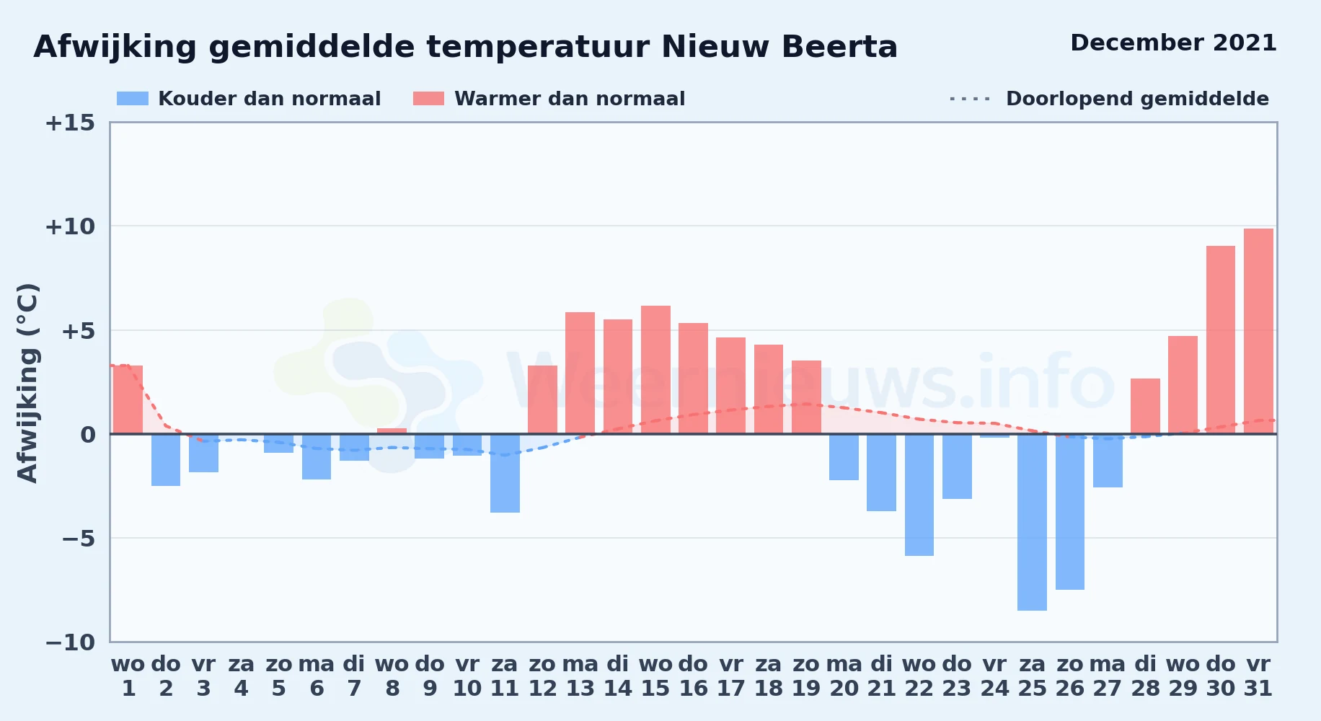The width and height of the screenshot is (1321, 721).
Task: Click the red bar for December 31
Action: click(1258, 332)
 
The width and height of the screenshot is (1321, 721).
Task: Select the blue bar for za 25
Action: click(1032, 522)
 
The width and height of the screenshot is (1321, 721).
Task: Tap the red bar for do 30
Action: click(1221, 340)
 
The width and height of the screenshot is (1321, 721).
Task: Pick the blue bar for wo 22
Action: click(919, 495)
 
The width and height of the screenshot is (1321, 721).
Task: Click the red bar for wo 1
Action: click(128, 399)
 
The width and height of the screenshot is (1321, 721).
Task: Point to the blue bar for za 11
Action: click(505, 473)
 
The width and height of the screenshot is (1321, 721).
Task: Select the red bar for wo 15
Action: click(655, 370)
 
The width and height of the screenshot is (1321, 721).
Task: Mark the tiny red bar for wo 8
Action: click(392, 431)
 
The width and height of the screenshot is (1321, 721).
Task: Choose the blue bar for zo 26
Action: click(1070, 512)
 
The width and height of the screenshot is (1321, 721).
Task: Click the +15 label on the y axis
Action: click(70, 123)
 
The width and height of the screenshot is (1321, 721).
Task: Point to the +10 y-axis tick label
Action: click(70, 226)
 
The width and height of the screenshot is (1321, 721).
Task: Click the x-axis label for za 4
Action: click(241, 676)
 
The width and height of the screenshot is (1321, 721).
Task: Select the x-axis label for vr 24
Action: click(994, 676)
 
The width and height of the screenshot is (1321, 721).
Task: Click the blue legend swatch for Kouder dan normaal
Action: click(133, 99)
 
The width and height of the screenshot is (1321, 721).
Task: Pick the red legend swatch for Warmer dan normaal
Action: click(428, 99)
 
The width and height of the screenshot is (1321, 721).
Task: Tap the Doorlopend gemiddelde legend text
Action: click(1137, 99)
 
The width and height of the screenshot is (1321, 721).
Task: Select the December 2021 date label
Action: click(1173, 43)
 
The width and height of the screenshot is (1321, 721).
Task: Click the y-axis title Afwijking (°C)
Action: click(27, 382)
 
